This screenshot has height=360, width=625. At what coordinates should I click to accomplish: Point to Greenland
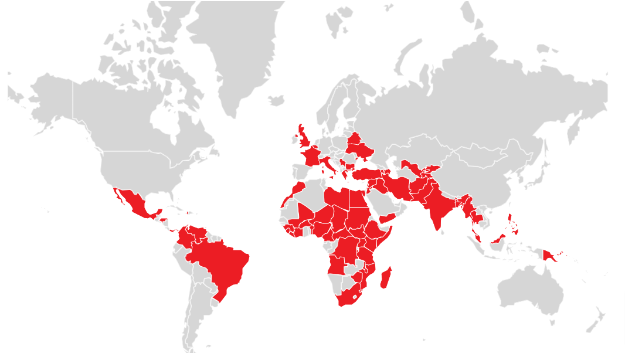[235, 53]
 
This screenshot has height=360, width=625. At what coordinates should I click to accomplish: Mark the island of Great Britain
[304, 139]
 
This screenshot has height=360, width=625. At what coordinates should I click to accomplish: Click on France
[311, 157]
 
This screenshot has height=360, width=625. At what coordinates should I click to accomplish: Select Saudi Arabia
[384, 202]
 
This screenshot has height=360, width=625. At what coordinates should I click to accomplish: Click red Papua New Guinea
[551, 255]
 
